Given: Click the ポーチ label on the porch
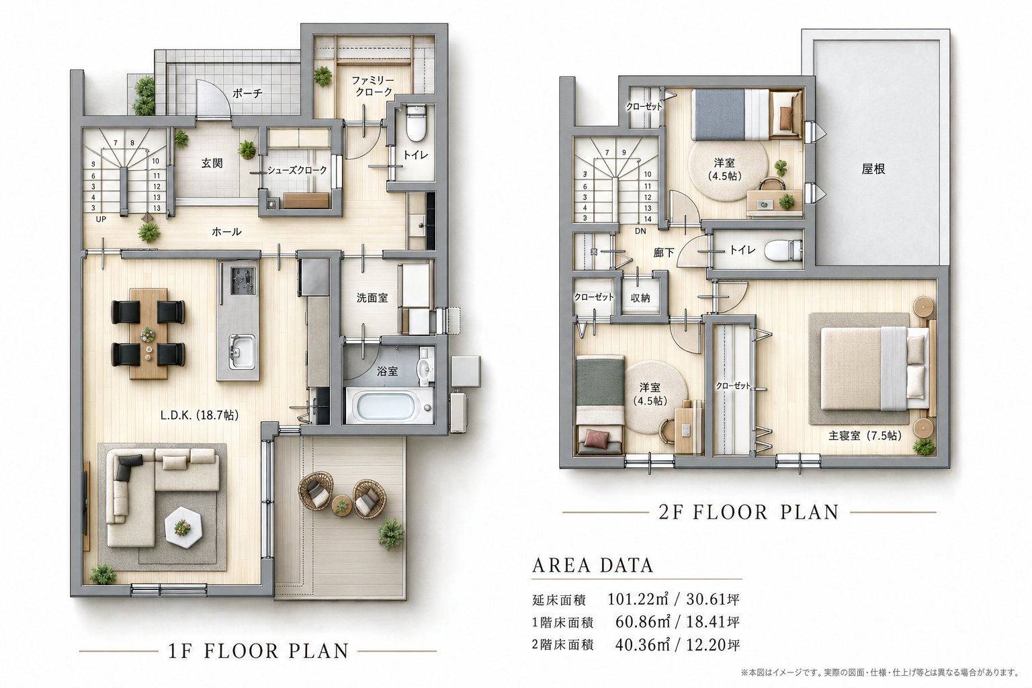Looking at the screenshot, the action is click(247, 93).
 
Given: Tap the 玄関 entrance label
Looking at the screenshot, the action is click(212, 163).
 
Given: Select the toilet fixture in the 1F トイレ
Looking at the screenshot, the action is click(416, 123).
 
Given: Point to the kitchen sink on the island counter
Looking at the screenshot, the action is click(241, 351).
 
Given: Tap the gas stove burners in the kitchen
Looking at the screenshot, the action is click(243, 280).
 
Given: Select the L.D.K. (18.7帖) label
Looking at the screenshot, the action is click(200, 416).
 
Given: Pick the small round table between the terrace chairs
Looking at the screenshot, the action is click(342, 505).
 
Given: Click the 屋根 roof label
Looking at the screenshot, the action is click(873, 169).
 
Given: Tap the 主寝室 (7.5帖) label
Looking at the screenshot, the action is click(865, 436).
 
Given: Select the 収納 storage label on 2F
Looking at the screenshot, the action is click(640, 298).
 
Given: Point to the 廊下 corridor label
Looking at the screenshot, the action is click(664, 253).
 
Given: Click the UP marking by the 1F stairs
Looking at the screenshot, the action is click(101, 219).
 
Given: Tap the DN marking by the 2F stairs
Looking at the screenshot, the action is click(640, 231).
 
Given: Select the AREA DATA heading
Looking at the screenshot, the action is click(593, 565).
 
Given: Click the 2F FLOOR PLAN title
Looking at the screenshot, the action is click(748, 513).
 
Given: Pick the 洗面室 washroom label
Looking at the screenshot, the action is click(372, 298).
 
